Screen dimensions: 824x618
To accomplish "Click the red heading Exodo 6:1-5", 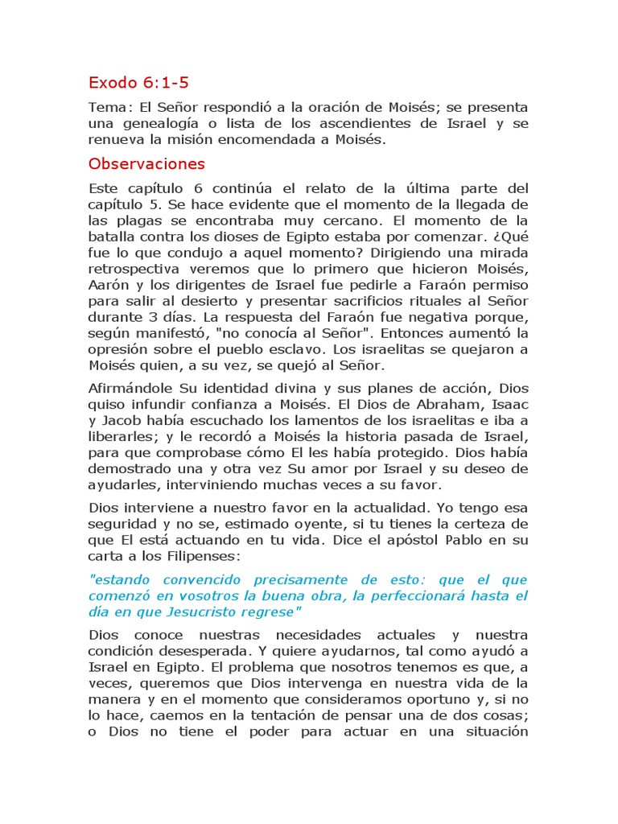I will tap(138, 82).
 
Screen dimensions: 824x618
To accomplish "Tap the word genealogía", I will tap(162, 123).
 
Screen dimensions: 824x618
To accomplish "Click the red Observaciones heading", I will tap(146, 164).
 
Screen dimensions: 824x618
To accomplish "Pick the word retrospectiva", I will tap(135, 270).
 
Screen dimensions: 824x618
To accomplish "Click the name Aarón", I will tap(109, 286).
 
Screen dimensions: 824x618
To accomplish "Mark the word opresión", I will tap(118, 350).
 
